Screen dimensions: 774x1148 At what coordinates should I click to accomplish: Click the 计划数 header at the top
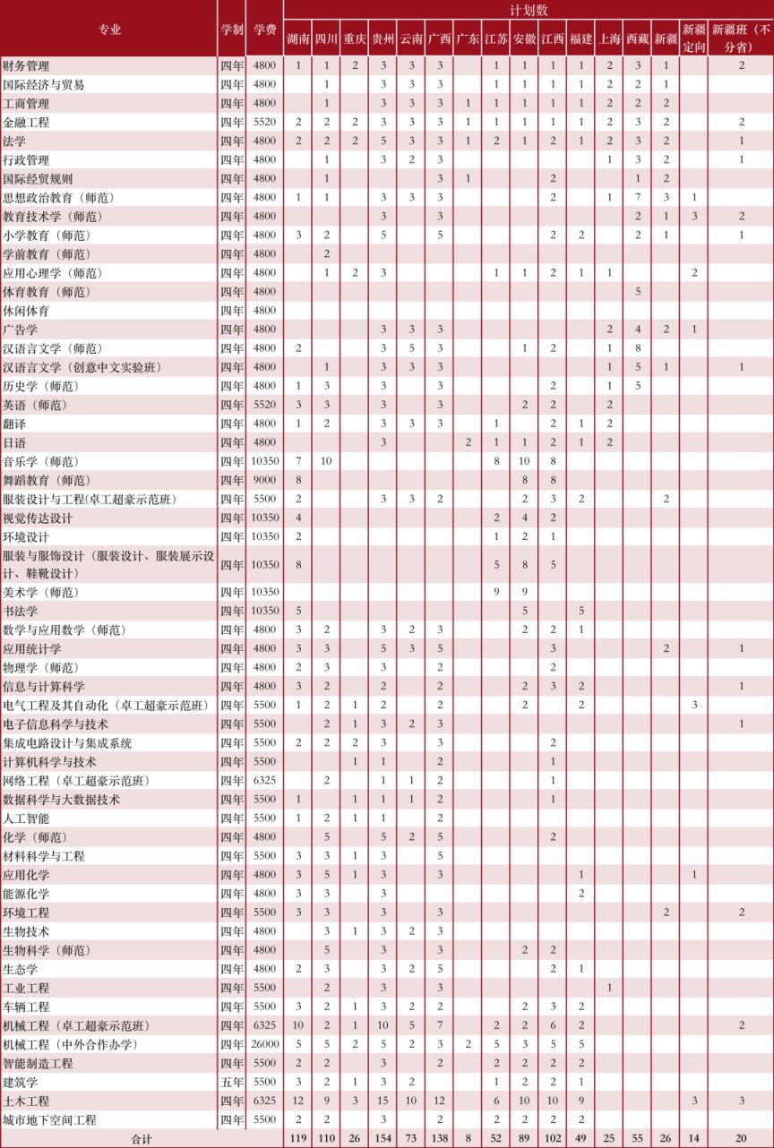tap(529, 10)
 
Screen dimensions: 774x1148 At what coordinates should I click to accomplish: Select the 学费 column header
tap(264, 29)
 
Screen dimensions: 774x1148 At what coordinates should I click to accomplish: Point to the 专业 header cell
tap(109, 29)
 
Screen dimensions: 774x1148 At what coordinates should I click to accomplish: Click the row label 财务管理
tap(26, 66)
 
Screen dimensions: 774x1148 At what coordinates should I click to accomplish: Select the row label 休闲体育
tap(26, 311)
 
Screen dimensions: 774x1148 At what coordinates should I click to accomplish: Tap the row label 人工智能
tap(26, 818)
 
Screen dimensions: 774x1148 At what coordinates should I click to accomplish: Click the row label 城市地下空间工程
tap(49, 1120)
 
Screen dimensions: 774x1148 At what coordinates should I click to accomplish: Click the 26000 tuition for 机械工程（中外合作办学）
tap(264, 1045)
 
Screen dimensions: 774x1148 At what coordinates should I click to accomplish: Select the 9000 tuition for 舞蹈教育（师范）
tap(264, 480)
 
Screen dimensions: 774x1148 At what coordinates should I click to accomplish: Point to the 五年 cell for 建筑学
tap(231, 1083)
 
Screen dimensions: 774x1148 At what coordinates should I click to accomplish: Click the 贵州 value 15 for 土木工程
tap(383, 1101)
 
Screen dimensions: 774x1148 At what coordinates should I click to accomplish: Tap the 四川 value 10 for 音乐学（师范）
tap(326, 461)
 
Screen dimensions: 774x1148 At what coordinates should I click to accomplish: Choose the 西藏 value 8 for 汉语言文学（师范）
tap(638, 348)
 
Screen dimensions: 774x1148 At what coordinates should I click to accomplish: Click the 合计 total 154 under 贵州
tap(383, 1139)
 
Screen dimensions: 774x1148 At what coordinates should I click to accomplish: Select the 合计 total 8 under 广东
tap(467, 1139)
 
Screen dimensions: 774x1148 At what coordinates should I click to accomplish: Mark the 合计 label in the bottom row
tap(141, 1139)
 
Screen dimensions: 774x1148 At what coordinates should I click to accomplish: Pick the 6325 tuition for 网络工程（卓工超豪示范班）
tap(264, 781)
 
